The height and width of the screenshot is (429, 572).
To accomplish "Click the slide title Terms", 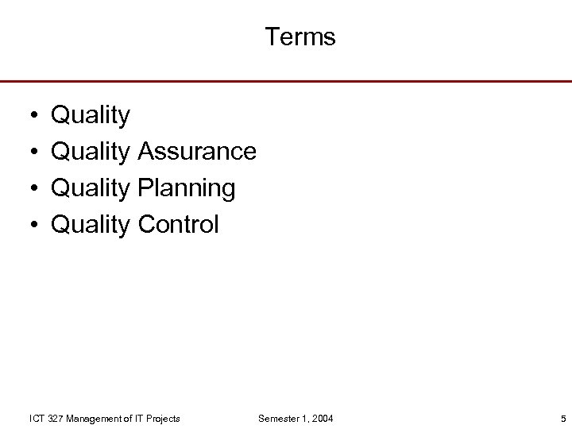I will [300, 37].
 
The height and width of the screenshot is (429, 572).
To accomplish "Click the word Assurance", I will [196, 151].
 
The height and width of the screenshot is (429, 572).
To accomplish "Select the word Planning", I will [186, 189].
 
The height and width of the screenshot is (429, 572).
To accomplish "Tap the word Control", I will [177, 225].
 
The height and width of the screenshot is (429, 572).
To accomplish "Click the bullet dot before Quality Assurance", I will [29, 152].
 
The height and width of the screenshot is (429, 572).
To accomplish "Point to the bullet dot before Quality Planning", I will [29, 188].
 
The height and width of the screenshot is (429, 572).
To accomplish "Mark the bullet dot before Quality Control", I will [29, 225].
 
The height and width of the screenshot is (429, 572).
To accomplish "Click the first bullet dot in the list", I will [29, 116].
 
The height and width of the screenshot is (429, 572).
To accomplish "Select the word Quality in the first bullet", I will [90, 116].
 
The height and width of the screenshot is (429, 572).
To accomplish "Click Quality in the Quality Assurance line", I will [90, 152].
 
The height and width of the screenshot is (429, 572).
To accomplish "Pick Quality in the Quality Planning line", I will [90, 189].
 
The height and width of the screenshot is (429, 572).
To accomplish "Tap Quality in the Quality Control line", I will [90, 226].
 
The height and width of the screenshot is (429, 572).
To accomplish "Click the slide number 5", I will [562, 419].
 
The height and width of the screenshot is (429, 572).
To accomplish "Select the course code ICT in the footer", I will [37, 419].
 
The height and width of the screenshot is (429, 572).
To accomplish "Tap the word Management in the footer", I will [94, 419].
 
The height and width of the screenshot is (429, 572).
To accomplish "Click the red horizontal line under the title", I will [286, 81].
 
